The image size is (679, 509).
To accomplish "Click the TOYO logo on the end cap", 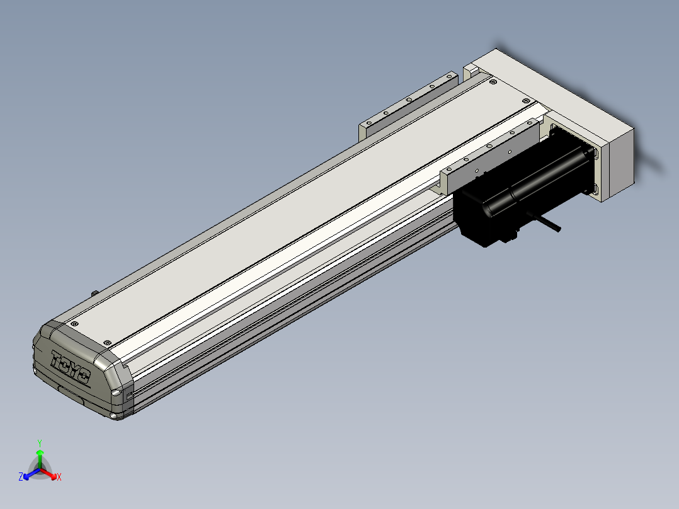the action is coord(71,367).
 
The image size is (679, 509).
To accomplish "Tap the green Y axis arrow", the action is coord(40,459).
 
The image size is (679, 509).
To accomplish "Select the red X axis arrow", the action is coord(48,473).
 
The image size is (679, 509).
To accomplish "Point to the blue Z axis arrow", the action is coord(31,474).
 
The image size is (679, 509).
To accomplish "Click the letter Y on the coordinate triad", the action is coord(40,443).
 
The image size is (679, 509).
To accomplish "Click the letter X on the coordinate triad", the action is coord(59,477).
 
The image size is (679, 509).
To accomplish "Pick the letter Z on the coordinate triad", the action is coord(21,476).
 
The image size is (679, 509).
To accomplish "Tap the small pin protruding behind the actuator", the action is coord(94,294).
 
